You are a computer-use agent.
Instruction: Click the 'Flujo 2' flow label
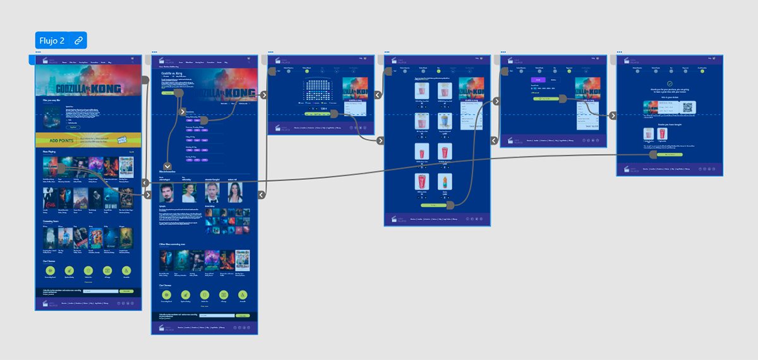click(x=52, y=40)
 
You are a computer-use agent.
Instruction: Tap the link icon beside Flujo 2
click(x=78, y=40)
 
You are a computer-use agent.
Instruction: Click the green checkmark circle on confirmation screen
click(x=670, y=83)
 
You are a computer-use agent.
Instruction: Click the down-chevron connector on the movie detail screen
click(x=167, y=165)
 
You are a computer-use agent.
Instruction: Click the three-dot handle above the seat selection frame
click(x=270, y=52)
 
